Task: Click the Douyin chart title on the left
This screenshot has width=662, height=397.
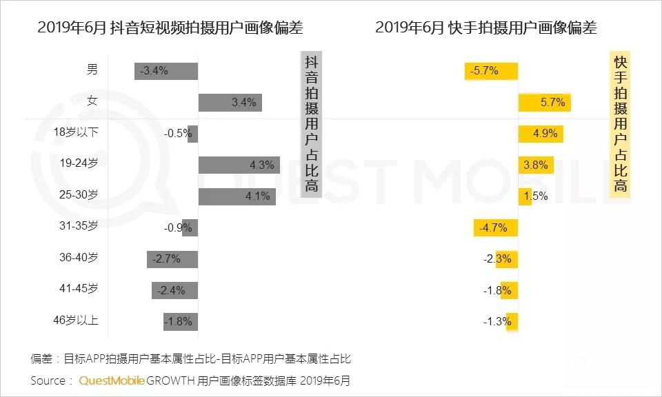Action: point(170,28)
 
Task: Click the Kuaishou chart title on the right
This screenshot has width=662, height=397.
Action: point(486,28)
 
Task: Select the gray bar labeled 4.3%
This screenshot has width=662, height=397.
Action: point(239,165)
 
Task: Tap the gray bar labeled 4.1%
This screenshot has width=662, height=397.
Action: point(237,196)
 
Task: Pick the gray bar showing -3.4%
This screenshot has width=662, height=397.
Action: point(166,70)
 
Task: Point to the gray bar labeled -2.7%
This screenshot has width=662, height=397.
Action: point(172,259)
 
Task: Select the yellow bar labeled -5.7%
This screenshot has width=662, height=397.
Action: point(491,70)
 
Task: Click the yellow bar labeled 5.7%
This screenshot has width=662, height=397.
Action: point(545,102)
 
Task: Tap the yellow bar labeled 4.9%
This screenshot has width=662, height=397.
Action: point(541,134)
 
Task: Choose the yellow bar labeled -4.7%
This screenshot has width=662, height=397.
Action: point(495,227)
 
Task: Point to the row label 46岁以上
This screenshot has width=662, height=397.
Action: point(77,320)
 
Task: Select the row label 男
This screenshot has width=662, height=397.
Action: point(92,69)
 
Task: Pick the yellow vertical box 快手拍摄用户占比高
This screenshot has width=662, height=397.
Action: point(620,124)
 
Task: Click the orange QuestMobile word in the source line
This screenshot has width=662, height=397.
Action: point(111,380)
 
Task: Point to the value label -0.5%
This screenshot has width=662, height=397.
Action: point(178,134)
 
